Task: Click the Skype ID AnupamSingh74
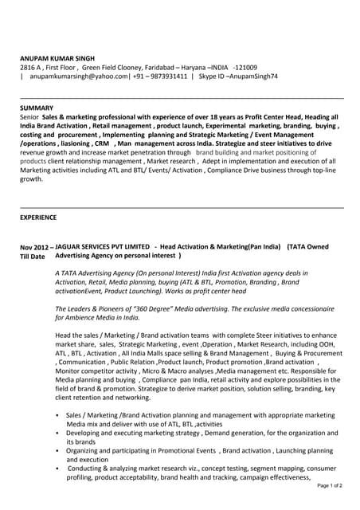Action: tap(252, 76)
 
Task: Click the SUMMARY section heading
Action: tap(37, 107)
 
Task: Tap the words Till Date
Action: tap(33, 257)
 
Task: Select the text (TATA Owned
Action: tap(307, 248)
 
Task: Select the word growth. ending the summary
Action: tap(31, 179)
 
